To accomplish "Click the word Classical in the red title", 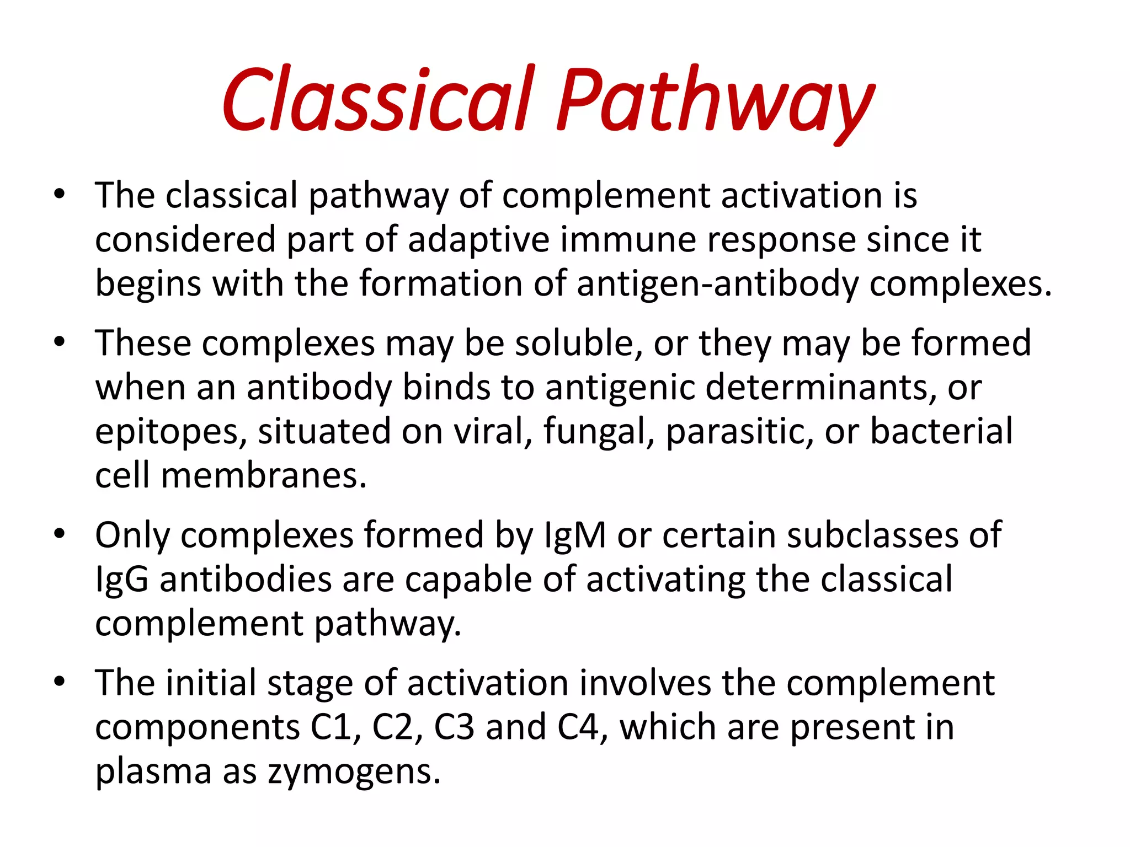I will pos(379,99).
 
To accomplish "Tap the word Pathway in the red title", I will pos(715,102).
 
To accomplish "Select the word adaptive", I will pos(478,240).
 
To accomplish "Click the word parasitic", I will pos(739,431).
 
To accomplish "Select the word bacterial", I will pos(941,431).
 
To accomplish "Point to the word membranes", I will pos(264,475).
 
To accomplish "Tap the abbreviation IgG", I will pos(122,580).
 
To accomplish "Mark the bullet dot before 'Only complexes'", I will pos(60,534).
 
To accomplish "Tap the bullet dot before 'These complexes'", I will pos(60,342).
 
